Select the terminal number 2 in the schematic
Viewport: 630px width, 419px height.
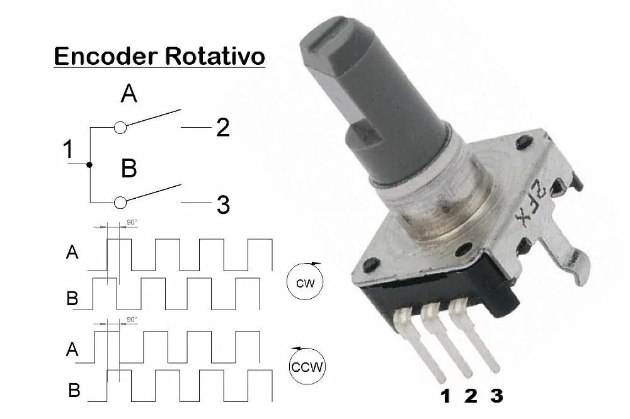[223, 128]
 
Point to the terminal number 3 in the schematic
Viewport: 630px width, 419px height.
[223, 204]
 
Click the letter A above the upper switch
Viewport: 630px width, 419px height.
[129, 94]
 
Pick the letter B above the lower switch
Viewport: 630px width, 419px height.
[129, 169]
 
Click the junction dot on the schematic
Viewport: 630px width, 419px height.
[90, 164]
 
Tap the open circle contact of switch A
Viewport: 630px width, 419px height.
[121, 128]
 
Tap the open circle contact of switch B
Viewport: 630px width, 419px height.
[121, 202]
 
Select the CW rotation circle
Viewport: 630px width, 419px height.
[305, 282]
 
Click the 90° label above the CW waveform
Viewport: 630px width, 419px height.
[132, 223]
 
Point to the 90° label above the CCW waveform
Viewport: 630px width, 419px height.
[132, 320]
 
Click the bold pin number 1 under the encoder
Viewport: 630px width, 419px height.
[445, 396]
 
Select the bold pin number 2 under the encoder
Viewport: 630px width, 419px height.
[471, 396]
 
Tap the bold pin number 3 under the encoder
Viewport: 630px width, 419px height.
[496, 396]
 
